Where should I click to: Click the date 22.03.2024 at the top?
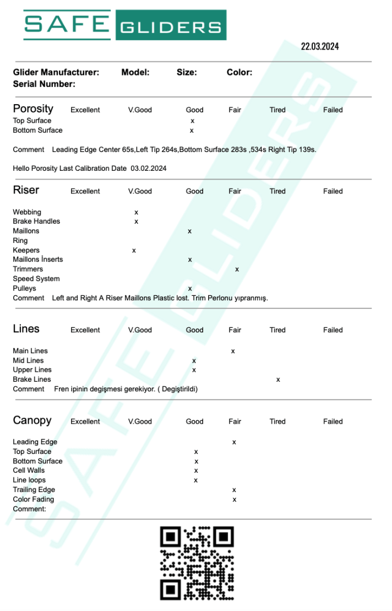(319, 46)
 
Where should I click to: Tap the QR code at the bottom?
(197, 563)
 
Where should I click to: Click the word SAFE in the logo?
(66, 24)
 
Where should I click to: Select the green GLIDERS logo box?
(171, 25)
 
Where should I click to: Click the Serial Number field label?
(44, 84)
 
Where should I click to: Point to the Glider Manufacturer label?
(56, 72)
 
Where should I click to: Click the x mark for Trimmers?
(237, 269)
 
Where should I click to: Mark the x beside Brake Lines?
(278, 379)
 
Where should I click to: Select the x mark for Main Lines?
(233, 350)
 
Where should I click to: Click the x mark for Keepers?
(134, 250)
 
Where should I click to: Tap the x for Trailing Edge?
(234, 489)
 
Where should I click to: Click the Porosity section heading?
(33, 109)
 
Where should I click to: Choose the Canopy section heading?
(32, 420)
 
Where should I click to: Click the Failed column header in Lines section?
(333, 330)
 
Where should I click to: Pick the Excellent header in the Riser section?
(85, 191)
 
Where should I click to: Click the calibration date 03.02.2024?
(149, 168)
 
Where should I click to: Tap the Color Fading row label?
(34, 499)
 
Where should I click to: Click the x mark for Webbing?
(136, 212)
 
